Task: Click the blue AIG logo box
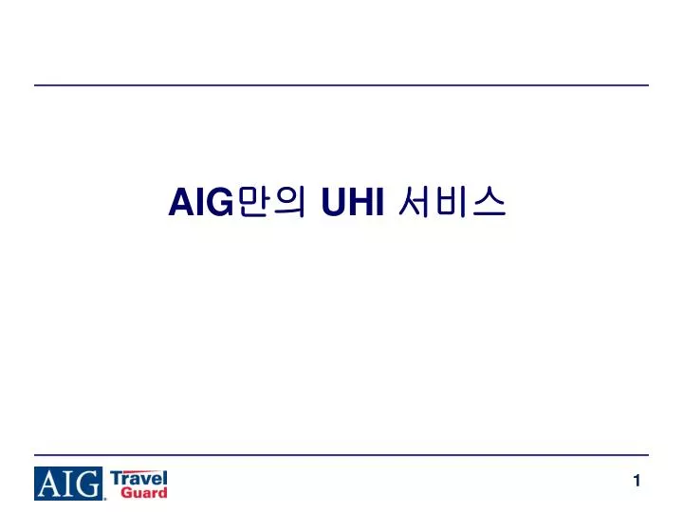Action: pos(69,484)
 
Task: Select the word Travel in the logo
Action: pos(139,477)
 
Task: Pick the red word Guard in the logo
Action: pos(145,492)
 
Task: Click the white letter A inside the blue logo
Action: pos(50,485)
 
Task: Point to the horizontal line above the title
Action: pos(341,85)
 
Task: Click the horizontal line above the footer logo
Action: pos(341,455)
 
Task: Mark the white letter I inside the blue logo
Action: pos(68,485)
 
